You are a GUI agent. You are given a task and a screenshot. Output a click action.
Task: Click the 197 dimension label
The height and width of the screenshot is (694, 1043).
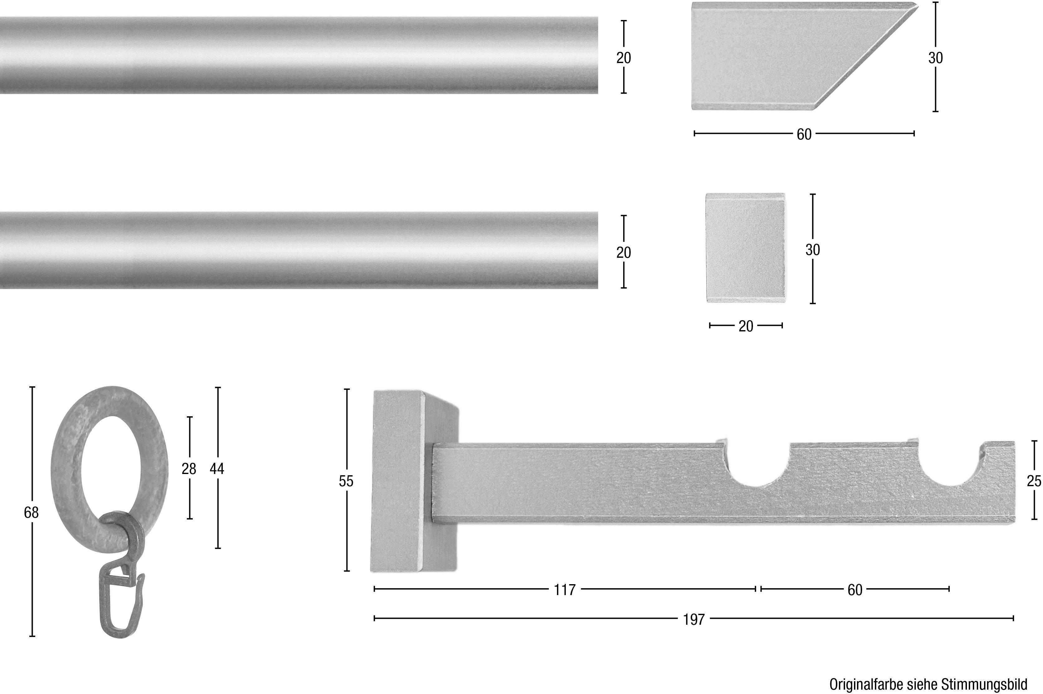click(x=694, y=619)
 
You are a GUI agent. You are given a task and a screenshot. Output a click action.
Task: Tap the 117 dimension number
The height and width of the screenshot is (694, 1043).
click(x=565, y=589)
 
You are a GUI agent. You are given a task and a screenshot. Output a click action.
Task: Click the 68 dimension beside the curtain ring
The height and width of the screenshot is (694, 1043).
click(x=32, y=512)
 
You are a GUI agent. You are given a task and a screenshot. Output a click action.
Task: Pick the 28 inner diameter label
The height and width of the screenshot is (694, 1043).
click(x=189, y=469)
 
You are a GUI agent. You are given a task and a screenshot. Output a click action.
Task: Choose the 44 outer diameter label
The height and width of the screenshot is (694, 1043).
click(x=217, y=469)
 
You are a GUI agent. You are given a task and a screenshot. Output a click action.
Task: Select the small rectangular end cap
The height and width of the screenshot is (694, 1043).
click(x=746, y=248)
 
